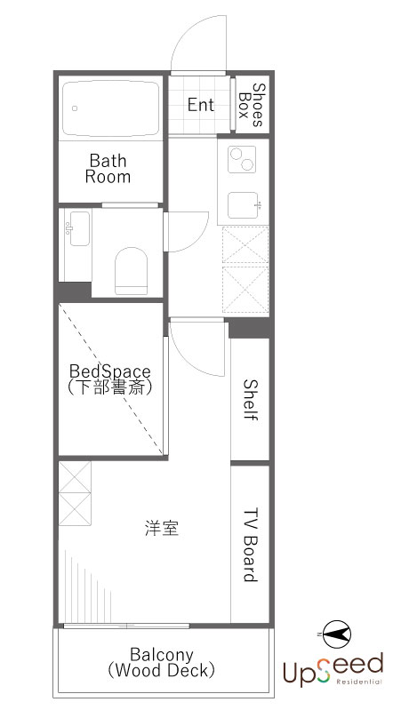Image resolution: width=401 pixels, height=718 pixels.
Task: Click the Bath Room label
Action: [x=108, y=169]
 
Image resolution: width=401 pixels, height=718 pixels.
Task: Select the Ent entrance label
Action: [x=201, y=104]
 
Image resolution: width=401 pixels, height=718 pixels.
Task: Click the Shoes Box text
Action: [x=253, y=105]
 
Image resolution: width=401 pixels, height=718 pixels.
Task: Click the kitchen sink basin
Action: [x=243, y=205]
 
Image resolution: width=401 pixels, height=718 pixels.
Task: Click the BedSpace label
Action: [x=109, y=370]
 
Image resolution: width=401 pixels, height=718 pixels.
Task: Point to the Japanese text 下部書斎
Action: [x=109, y=387]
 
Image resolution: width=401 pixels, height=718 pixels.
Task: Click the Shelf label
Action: [x=250, y=401]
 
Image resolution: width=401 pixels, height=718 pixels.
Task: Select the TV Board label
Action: [x=250, y=546]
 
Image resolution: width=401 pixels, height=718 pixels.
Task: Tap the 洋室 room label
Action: [x=162, y=528]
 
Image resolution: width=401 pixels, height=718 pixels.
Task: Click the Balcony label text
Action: [x=161, y=654]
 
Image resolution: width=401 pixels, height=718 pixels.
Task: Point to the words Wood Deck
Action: [x=161, y=671]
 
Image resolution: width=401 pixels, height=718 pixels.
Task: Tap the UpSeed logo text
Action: [x=332, y=666]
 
